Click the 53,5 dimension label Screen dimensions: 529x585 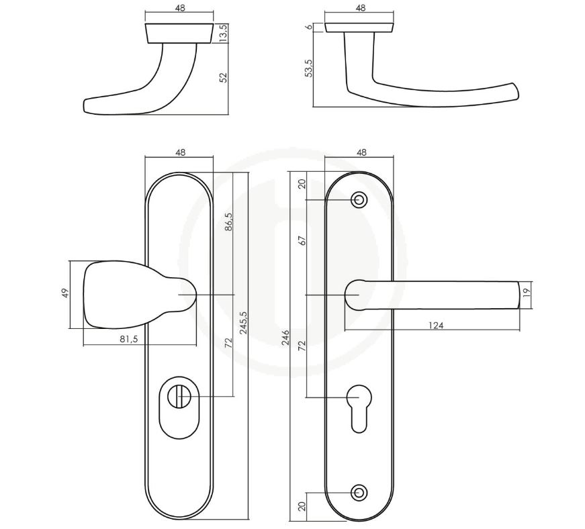(309, 67)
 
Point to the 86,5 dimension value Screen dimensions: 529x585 (228, 223)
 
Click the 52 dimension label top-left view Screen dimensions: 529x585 (224, 77)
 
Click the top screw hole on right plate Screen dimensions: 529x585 (359, 199)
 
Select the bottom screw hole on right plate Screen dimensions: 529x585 (359, 492)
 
